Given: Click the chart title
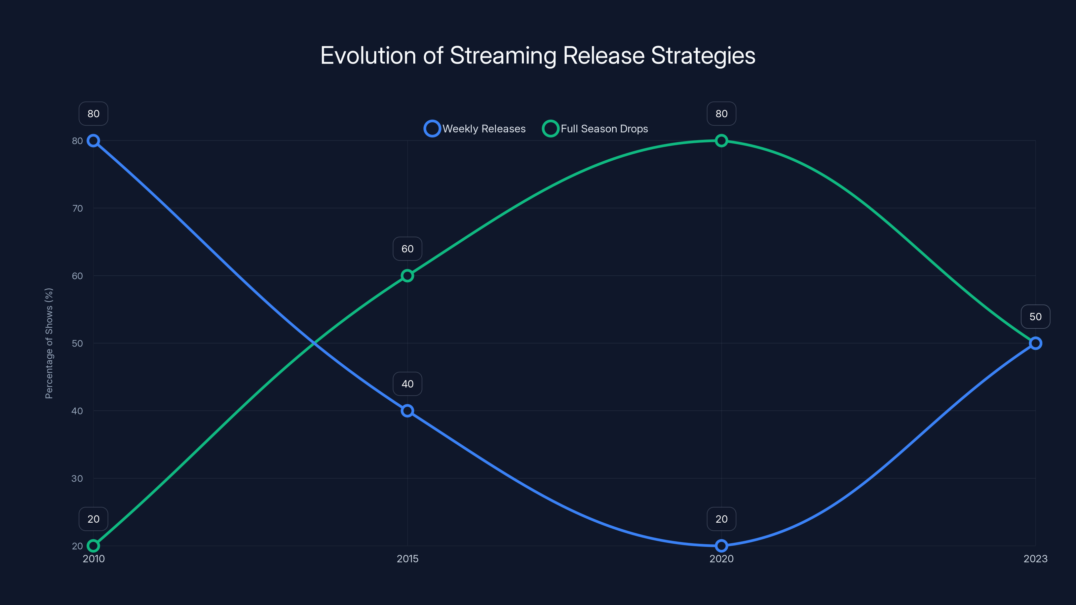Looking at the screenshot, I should (538, 55).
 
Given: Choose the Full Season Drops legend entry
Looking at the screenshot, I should (595, 129).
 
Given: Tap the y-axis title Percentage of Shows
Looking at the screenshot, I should (49, 343).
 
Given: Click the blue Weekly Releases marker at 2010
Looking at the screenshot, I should (93, 141).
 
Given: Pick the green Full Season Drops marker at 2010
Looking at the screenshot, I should (93, 546).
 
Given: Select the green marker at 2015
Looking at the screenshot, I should (407, 276).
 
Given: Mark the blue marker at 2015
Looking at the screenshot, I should (407, 411).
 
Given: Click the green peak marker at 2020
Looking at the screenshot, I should (721, 141).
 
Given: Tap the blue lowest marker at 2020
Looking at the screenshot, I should (721, 546).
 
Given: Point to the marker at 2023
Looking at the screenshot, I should (1035, 343).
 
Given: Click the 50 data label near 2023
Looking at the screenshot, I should (1035, 317).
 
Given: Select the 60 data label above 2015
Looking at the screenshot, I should (407, 249).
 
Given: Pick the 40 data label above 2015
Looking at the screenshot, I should (407, 384).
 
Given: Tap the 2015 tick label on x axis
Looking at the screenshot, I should (407, 559).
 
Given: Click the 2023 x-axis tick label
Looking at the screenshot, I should (1035, 559).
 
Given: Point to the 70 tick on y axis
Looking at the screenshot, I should (77, 208).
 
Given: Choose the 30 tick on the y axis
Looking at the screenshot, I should (77, 479).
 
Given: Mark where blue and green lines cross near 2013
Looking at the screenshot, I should (314, 343).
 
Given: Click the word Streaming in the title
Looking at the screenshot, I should (503, 55).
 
